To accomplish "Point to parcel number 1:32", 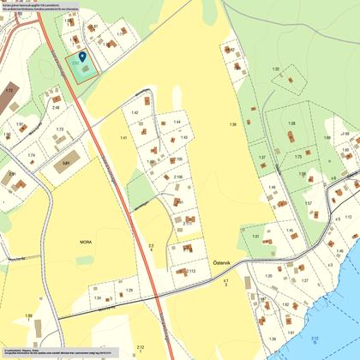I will tap(275, 68).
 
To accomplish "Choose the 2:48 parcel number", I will tap(56, 107).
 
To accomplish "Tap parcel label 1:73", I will tap(60, 129).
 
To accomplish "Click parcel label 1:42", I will tap(135, 112).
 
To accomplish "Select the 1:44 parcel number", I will tap(177, 123).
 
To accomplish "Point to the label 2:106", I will tap(178, 177).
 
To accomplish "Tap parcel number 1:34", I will tap(97, 297).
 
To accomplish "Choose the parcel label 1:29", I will tap(129, 291).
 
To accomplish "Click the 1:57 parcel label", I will tap(309, 203).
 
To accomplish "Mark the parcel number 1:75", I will tap(298, 157).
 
